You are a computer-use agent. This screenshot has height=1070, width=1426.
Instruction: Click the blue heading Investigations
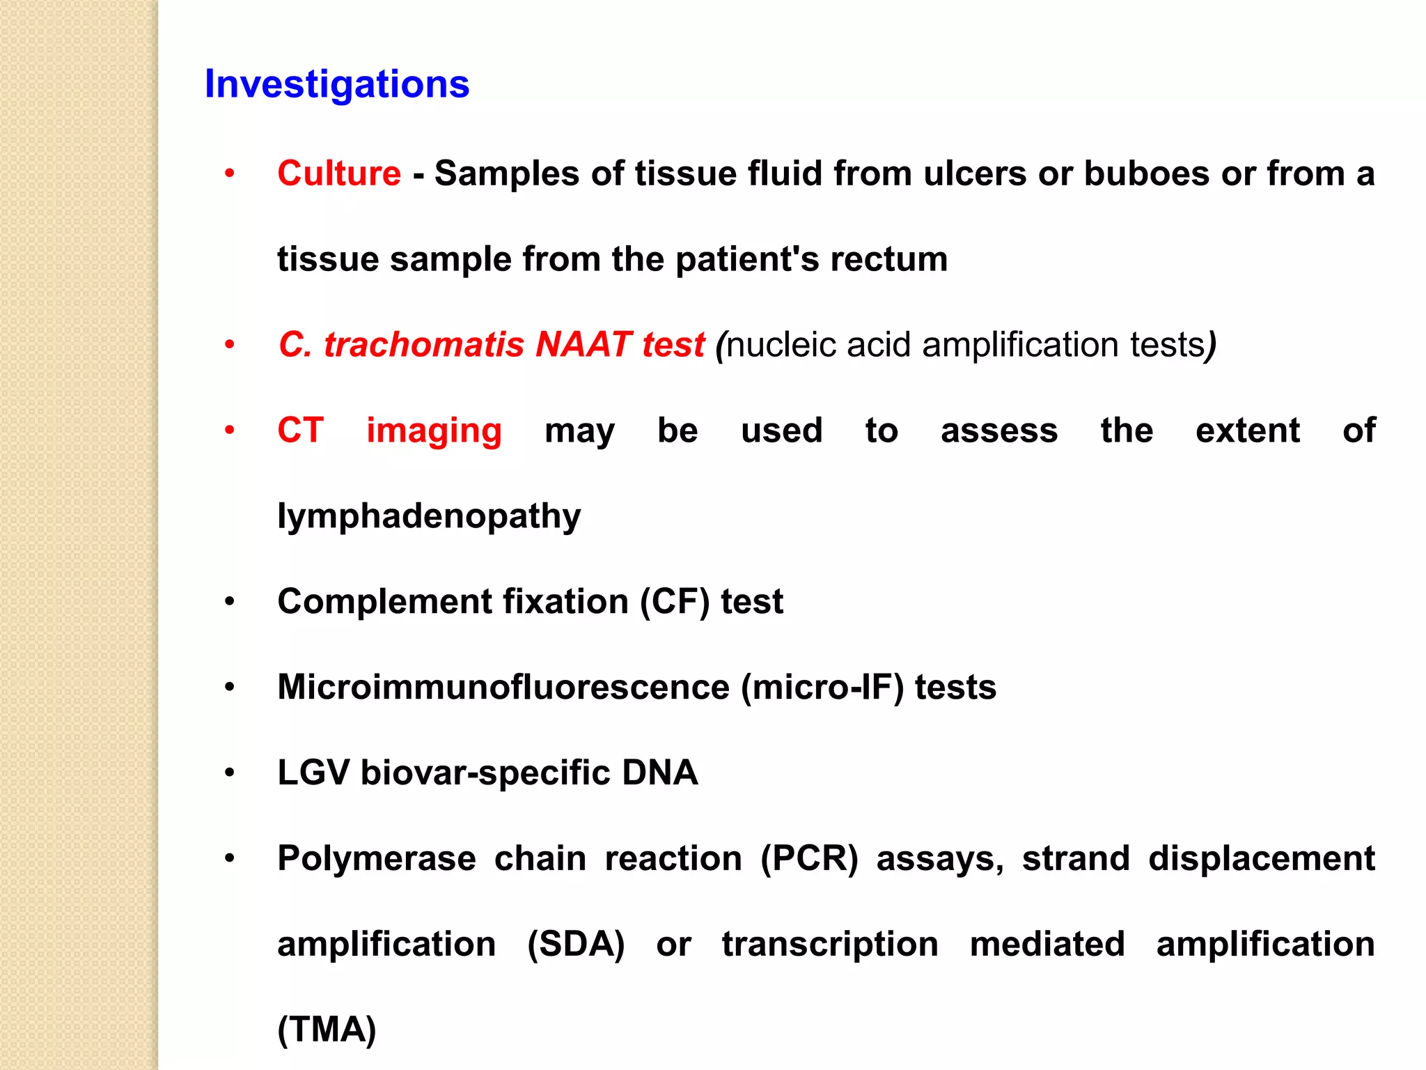pyautogui.click(x=337, y=84)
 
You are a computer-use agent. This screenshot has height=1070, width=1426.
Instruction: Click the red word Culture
pyautogui.click(x=339, y=173)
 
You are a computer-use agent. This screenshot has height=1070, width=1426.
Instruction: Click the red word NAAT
pyautogui.click(x=583, y=344)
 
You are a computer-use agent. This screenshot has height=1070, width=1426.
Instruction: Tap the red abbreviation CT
pyautogui.click(x=300, y=430)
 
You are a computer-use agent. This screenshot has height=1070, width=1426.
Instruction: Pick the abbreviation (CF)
pyautogui.click(x=675, y=601)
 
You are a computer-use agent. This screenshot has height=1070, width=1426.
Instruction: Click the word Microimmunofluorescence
pyautogui.click(x=503, y=687)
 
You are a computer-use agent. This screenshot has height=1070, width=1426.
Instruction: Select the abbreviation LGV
pyautogui.click(x=313, y=773)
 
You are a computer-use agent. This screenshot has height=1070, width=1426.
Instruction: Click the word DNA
pyautogui.click(x=659, y=773)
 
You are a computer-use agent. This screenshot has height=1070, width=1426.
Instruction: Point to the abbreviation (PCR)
pyautogui.click(x=809, y=858)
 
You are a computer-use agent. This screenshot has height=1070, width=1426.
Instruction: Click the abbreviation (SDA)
pyautogui.click(x=576, y=944)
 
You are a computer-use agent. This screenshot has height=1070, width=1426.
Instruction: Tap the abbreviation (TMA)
pyautogui.click(x=327, y=1030)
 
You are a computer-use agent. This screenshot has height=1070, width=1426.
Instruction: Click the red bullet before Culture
pyautogui.click(x=230, y=173)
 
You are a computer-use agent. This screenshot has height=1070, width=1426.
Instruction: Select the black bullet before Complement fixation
pyautogui.click(x=230, y=602)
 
